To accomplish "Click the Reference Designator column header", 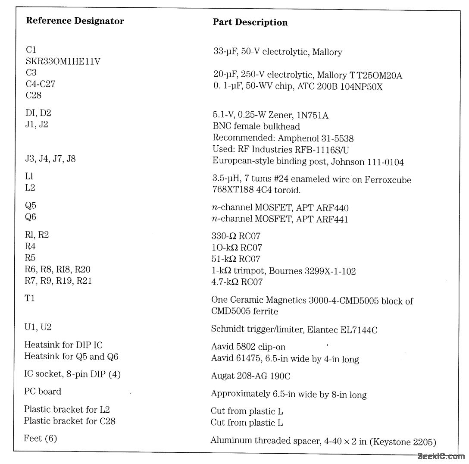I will (x=75, y=21).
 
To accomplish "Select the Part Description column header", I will (x=250, y=22).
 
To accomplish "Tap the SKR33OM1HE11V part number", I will (x=63, y=62).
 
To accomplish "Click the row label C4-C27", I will (x=41, y=84).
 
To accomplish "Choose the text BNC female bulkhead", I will (x=256, y=127).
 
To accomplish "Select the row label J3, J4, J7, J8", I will (x=50, y=159).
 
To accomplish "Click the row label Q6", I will (x=31, y=217).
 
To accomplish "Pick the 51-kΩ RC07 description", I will (x=236, y=259).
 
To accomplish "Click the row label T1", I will (x=30, y=298).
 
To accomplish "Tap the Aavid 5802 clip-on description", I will (x=248, y=347).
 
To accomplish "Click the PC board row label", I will (x=43, y=392).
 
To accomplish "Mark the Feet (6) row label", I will (x=41, y=439).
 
